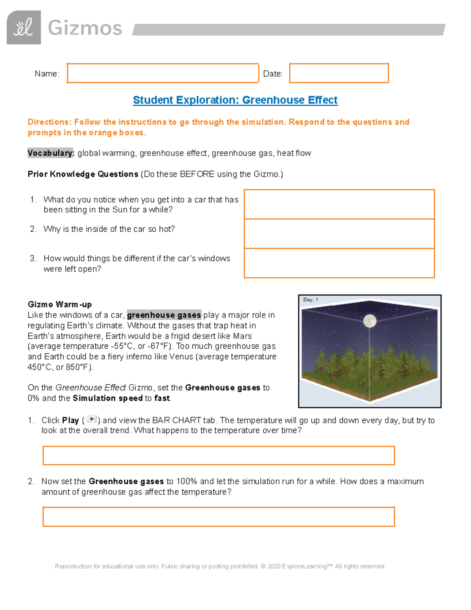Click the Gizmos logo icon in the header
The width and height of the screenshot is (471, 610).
24,27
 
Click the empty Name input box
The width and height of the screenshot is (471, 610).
162,73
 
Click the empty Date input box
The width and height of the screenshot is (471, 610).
339,73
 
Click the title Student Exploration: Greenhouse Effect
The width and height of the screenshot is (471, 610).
235,100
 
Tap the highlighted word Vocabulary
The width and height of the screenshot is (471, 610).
51,153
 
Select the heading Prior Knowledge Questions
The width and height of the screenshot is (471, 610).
83,174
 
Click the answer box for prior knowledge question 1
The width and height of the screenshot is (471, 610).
339,204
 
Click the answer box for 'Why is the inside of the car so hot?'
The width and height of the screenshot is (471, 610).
339,234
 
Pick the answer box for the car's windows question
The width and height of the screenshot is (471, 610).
339,263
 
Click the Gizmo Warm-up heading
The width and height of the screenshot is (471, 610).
60,304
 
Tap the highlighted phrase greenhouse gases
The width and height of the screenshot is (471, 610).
164,315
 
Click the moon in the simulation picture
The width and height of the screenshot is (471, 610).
370,321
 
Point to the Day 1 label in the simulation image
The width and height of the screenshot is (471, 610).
310,300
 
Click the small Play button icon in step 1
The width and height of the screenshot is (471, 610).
91,419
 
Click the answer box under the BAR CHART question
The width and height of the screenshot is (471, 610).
218,456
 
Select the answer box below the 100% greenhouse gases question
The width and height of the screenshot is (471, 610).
218,517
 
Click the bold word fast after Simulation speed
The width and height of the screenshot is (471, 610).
162,398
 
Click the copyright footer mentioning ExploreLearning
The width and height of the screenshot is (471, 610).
219,566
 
